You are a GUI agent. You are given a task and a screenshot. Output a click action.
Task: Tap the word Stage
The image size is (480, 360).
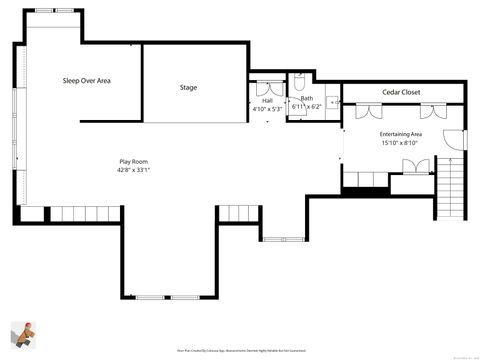tap(188, 88)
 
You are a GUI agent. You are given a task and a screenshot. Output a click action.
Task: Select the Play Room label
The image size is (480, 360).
tap(134, 160)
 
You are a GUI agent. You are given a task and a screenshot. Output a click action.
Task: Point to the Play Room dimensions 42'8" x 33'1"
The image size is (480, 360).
tap(134, 170)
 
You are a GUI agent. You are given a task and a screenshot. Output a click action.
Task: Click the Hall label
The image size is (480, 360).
tap(267, 100)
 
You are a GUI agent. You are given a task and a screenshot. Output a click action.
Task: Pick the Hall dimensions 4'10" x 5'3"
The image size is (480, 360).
tap(267, 108)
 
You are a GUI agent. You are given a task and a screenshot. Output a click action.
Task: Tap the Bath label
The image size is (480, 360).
tap(306, 98)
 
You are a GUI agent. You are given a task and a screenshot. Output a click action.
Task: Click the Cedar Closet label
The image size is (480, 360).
tap(400, 92)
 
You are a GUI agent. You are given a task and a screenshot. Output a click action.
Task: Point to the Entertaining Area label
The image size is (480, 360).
tap(400, 134)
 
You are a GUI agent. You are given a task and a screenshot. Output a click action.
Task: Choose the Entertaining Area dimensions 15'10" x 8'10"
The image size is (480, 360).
tap(400, 143)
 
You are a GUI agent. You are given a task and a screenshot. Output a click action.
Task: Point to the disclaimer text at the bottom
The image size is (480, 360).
tap(240, 351)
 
